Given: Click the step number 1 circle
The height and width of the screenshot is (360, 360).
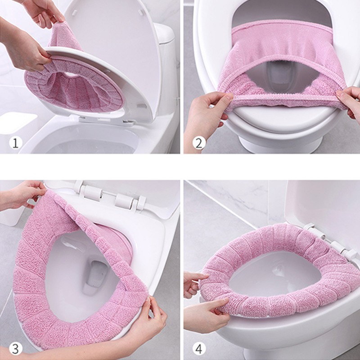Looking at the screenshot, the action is click(16, 143).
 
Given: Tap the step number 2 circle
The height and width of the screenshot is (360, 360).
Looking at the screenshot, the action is click(199, 143).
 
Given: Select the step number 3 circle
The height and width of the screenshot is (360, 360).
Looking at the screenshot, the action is click(16, 349).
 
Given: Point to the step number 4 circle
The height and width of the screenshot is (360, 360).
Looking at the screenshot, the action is click(199, 349).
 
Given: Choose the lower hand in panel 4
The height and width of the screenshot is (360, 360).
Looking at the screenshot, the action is click(207, 315).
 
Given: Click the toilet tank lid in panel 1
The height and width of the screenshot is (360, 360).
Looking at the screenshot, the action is click(164, 33).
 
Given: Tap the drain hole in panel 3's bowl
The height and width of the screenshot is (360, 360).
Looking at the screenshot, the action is click(96, 275).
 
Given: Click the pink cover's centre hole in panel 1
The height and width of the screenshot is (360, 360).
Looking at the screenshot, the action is click(71, 75).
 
